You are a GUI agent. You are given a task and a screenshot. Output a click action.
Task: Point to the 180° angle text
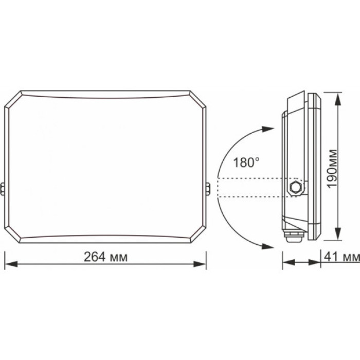(243, 164)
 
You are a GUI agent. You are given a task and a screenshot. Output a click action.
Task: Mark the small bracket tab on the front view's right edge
(208, 189)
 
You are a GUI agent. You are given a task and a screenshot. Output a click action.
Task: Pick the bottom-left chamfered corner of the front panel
(13, 235)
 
